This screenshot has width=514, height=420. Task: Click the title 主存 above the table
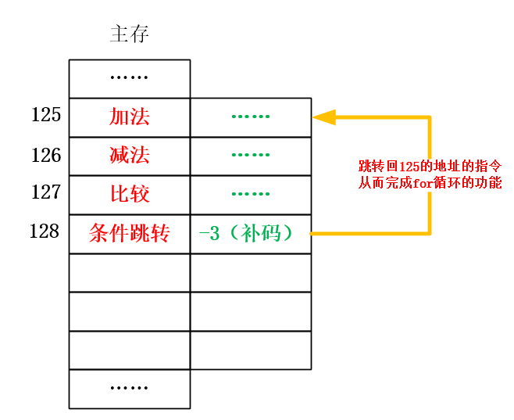click(129, 34)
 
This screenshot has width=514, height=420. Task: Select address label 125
click(46, 115)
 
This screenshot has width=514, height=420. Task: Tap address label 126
click(46, 155)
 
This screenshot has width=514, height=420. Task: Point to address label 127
click(46, 192)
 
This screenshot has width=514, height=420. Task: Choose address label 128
click(45, 232)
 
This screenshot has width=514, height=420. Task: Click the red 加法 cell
click(130, 117)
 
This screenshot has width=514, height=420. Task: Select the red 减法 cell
click(130, 156)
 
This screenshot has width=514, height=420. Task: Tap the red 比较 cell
click(130, 194)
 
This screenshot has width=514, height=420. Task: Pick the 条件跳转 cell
click(130, 233)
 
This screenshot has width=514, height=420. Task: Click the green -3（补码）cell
click(250, 233)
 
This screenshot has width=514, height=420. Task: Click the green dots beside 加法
click(250, 117)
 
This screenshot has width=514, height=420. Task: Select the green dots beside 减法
click(250, 156)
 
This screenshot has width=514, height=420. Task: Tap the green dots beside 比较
click(250, 194)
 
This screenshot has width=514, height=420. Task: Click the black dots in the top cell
click(130, 77)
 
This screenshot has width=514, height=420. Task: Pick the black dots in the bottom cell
click(130, 388)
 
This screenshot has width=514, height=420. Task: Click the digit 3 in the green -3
click(214, 233)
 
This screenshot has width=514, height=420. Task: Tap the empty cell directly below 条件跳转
click(130, 272)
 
